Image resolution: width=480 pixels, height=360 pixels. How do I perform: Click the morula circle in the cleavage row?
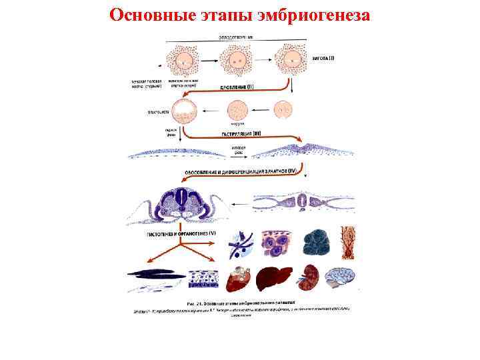[x=238, y=109]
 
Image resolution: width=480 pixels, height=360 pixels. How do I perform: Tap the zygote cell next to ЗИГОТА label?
[x=291, y=60]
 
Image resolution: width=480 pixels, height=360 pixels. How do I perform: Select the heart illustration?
[x=239, y=280]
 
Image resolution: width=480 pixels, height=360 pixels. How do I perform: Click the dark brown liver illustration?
[x=276, y=279]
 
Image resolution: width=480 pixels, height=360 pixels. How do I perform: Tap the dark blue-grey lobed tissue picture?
[x=313, y=244]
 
